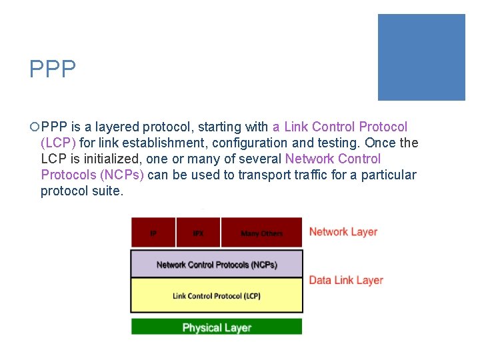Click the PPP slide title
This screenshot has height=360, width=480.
click(53, 69)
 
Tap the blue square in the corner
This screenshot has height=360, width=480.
click(421, 57)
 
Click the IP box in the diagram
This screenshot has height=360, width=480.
click(153, 233)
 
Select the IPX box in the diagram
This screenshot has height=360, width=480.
click(198, 233)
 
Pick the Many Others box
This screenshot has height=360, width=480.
click(261, 233)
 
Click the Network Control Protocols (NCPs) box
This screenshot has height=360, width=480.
click(216, 264)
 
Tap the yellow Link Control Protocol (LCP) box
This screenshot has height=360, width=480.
click(216, 295)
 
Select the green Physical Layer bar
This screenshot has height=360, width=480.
click(216, 327)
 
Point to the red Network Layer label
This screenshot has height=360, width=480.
click(343, 232)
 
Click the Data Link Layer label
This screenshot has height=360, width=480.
click(346, 280)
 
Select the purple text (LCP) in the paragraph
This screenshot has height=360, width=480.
click(58, 143)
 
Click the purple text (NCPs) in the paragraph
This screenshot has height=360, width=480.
click(116, 175)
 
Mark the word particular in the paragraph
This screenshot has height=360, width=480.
click(385, 175)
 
